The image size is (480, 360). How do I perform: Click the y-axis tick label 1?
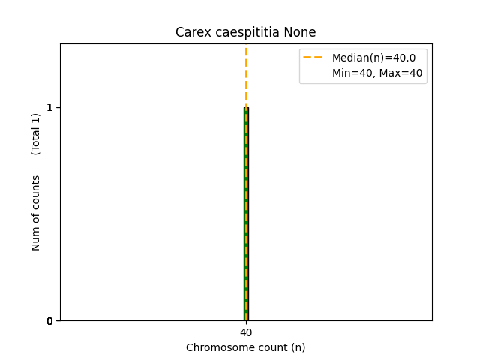coord(49,107)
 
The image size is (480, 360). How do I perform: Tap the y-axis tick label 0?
coord(49,321)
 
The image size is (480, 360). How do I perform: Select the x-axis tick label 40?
coord(246,332)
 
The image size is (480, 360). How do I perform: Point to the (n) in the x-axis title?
coord(298,347)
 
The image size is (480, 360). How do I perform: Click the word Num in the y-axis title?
coord(36,238)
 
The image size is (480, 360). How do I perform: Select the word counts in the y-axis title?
coord(36,191)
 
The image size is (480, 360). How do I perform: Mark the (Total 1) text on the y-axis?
coord(36,133)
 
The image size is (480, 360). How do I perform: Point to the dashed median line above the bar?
coord(246,75)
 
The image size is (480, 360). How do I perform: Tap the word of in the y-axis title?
coord(36,218)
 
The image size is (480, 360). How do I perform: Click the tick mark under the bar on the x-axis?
coord(246,322)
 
